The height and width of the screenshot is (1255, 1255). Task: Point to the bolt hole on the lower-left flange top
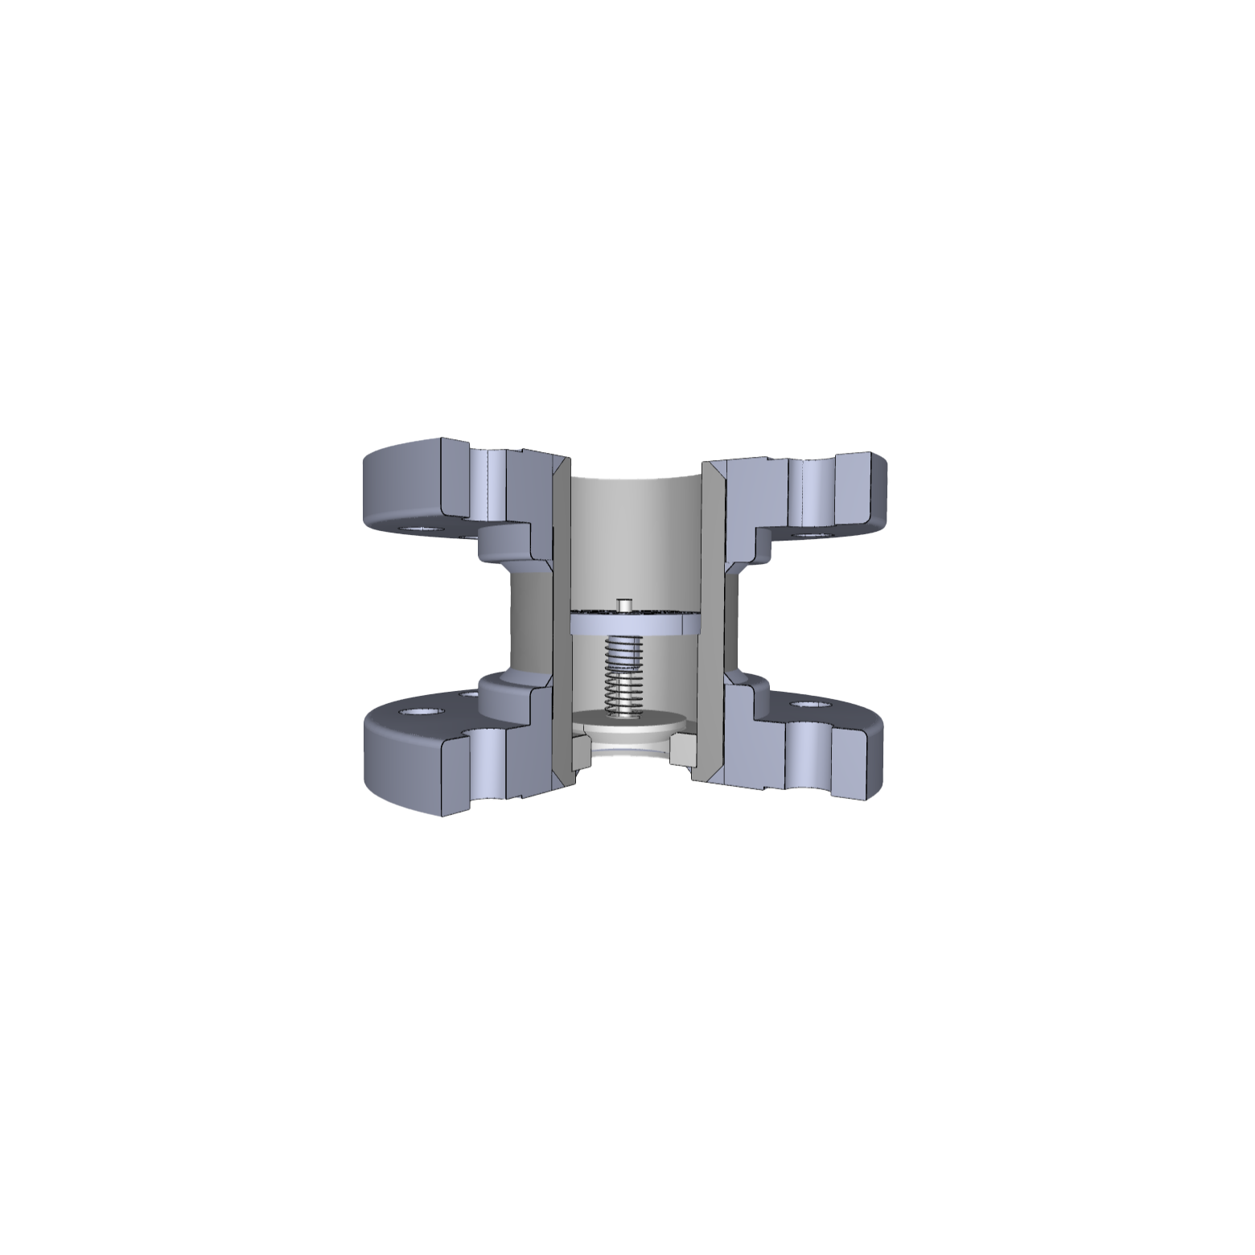[418, 713]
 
